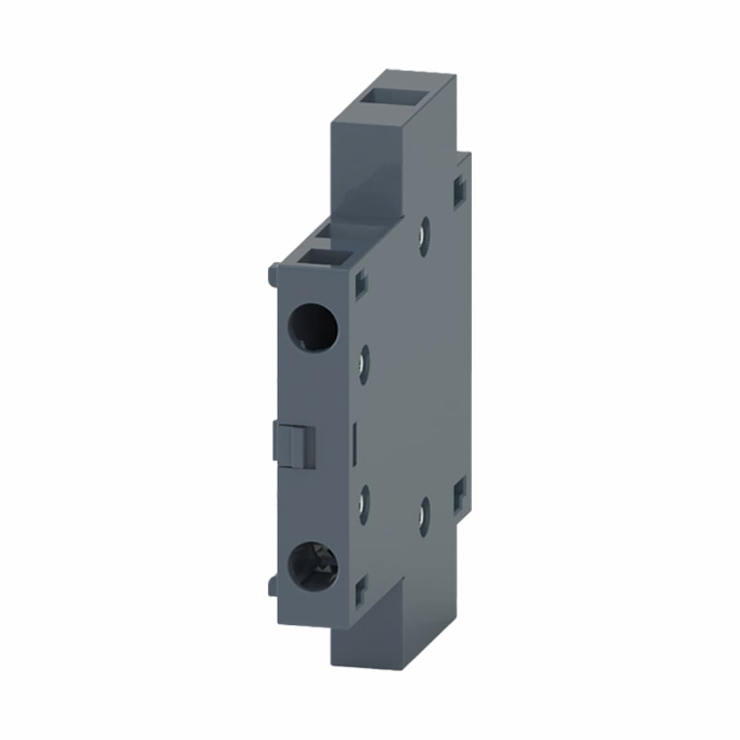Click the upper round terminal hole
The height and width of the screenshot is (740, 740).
(x=312, y=328)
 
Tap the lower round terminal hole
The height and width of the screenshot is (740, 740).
(x=312, y=567)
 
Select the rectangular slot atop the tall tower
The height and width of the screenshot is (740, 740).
(x=391, y=96)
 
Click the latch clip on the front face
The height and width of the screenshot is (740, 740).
(x=295, y=444)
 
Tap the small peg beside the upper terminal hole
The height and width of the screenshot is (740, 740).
(x=272, y=275)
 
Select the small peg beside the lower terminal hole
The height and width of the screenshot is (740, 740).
(x=272, y=586)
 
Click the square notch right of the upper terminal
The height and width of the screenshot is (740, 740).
(x=361, y=284)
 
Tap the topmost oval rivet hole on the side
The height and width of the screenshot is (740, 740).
(x=425, y=236)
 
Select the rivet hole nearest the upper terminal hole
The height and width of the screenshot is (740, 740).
(x=364, y=365)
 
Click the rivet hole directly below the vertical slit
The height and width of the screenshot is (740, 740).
(x=364, y=505)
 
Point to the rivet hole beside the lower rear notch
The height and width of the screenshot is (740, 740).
(x=425, y=517)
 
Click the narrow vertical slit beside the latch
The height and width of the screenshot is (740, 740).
(x=354, y=445)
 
